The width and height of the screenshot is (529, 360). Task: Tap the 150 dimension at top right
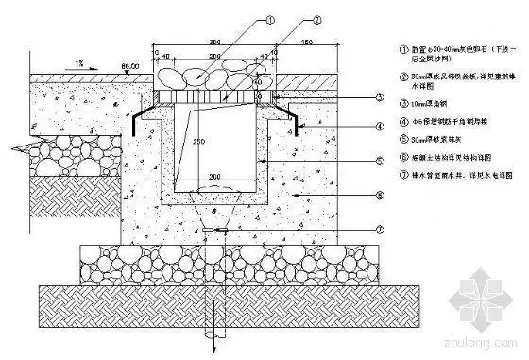(x=305, y=43)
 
